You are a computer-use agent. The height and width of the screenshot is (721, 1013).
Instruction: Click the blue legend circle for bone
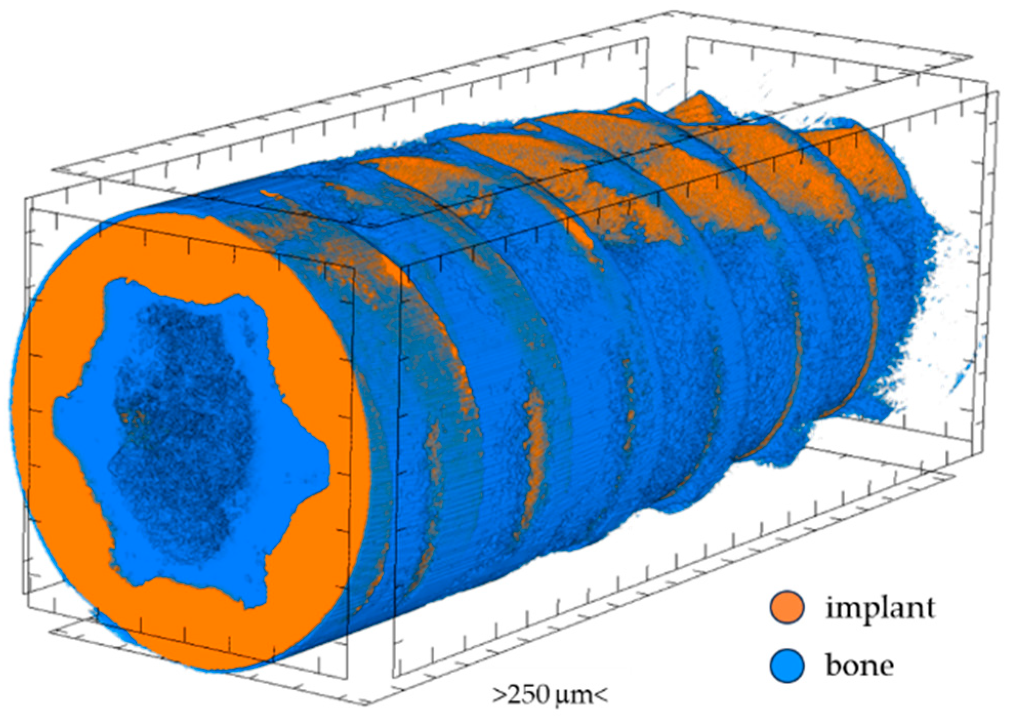(787, 666)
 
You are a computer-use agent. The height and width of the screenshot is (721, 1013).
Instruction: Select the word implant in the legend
(880, 609)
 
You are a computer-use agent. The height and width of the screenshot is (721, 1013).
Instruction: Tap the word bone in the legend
(860, 665)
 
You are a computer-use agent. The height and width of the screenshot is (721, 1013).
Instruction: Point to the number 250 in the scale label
(529, 695)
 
